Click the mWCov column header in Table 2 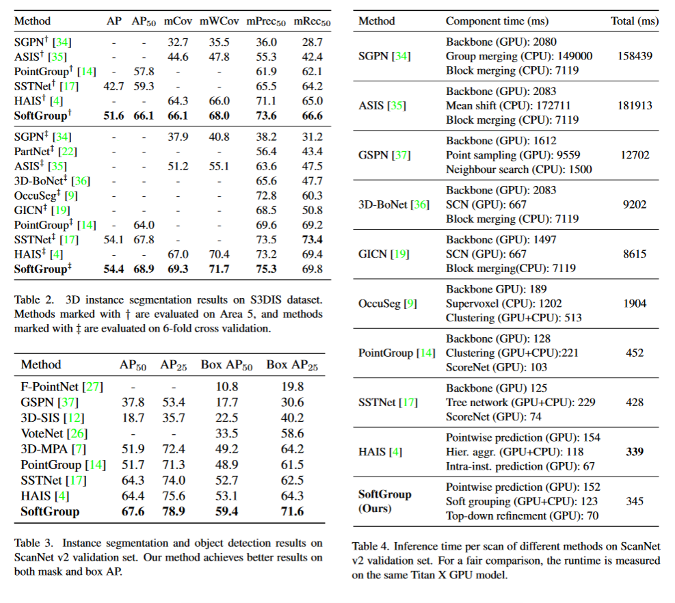pyautogui.click(x=214, y=21)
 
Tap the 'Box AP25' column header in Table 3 pyautogui.click(x=292, y=365)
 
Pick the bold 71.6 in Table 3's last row pyautogui.click(x=291, y=511)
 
